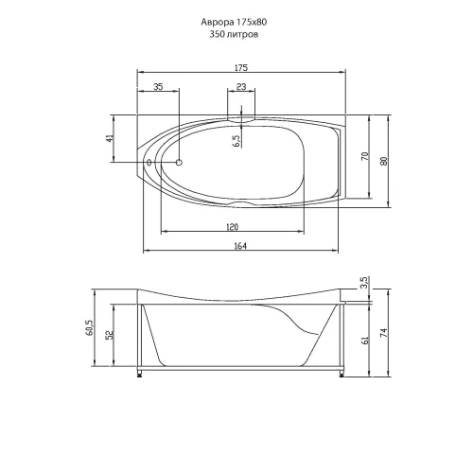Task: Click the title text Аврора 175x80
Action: point(234,22)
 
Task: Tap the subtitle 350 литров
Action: point(234,34)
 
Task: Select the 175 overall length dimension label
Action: point(241,67)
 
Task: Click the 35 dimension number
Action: point(158,86)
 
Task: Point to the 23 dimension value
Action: point(241,86)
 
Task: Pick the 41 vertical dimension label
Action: point(109,138)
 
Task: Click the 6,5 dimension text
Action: point(236,141)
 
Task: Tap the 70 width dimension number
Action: point(364,156)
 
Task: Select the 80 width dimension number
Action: point(384,161)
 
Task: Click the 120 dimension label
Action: point(233,227)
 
